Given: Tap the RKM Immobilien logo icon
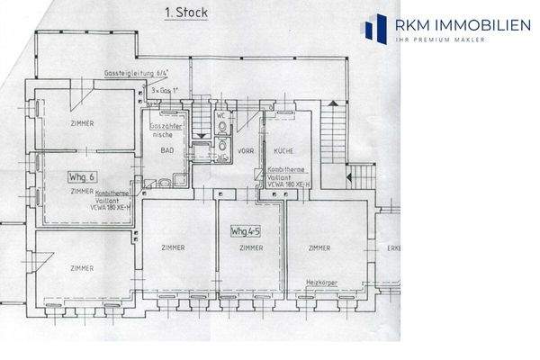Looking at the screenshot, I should tap(373, 28).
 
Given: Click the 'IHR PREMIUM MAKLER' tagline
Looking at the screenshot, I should tap(440, 40).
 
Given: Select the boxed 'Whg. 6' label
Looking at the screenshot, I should tap(84, 177).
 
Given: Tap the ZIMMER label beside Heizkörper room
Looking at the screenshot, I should tap(319, 247).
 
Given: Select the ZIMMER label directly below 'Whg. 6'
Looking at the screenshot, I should tap(82, 192).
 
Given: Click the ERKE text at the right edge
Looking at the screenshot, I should tap(392, 247).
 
